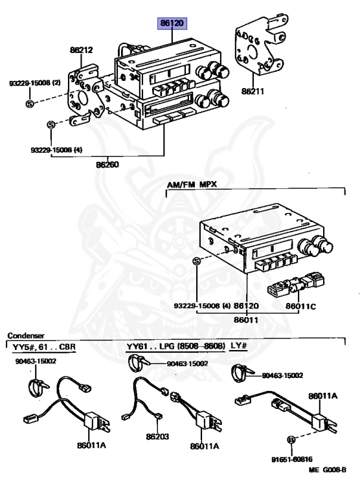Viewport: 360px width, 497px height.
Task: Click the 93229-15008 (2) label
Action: [34, 83]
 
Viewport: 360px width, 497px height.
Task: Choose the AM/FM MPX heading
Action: [192, 184]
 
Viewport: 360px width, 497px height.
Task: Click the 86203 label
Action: [157, 437]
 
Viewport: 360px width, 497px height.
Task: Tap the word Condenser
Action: [26, 336]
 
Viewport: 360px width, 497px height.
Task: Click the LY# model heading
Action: [239, 347]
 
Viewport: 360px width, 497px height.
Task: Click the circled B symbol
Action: [291, 440]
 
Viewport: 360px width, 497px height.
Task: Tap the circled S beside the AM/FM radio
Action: [197, 261]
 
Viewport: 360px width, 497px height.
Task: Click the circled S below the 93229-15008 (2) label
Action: [29, 103]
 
